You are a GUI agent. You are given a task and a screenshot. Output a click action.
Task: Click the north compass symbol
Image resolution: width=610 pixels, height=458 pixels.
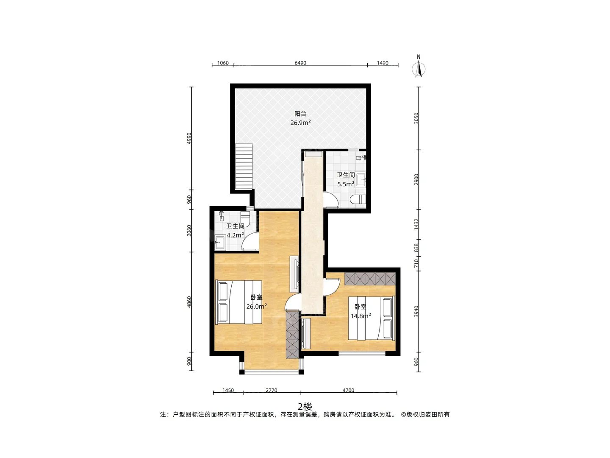[x=419, y=69]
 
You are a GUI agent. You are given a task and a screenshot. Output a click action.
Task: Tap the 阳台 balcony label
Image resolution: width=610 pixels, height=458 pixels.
[x=300, y=114]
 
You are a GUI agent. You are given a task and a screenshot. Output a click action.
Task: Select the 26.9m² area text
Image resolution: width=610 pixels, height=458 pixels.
[x=300, y=123]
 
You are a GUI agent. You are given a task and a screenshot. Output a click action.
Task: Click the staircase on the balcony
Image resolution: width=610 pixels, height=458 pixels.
[x=244, y=166]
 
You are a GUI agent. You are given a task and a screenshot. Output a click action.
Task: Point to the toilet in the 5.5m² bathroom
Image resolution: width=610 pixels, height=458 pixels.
[x=358, y=199]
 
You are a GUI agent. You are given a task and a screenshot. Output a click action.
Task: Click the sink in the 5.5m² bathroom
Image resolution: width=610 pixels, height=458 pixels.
[x=361, y=180]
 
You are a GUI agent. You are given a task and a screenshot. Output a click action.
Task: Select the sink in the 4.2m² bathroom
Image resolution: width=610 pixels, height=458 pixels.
[x=220, y=242]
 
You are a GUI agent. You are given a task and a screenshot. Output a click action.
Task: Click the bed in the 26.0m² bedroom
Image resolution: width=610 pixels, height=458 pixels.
[x=239, y=302]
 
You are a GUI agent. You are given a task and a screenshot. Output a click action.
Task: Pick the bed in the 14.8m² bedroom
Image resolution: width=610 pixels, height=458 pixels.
[x=372, y=318]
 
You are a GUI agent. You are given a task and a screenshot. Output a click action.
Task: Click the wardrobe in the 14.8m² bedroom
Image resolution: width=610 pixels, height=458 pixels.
[x=370, y=279]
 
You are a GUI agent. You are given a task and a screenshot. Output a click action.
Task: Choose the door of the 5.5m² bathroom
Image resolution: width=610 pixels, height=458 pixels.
[x=331, y=199]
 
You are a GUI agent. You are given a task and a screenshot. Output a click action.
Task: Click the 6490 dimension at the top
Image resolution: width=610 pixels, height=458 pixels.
[x=300, y=63]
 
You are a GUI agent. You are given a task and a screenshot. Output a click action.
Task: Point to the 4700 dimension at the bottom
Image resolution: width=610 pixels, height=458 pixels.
[x=348, y=390]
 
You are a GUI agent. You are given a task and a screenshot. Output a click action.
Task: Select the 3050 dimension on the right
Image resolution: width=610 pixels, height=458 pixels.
[x=416, y=118]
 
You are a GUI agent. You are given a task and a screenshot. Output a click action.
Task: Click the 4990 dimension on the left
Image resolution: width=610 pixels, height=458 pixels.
[x=189, y=138]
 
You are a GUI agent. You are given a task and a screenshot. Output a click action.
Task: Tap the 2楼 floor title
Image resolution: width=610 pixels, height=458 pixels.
[x=305, y=407]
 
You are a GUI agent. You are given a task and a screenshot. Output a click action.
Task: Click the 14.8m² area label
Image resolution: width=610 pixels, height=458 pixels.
[x=361, y=316]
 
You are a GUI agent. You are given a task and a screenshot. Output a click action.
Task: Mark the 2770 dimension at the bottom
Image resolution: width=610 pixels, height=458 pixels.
[x=271, y=390]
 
